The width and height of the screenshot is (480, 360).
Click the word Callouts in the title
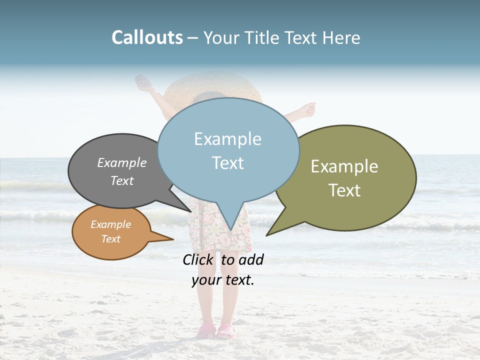point(147,37)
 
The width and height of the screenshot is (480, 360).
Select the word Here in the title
point(341,38)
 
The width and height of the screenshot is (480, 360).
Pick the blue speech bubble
point(228,150)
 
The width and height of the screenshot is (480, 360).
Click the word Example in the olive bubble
point(344,166)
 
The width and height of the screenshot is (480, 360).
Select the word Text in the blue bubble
point(228,163)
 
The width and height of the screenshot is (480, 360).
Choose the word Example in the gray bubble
point(122,163)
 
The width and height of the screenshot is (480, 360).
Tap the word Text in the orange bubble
point(111,239)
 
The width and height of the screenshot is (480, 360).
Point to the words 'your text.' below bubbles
point(223,280)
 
